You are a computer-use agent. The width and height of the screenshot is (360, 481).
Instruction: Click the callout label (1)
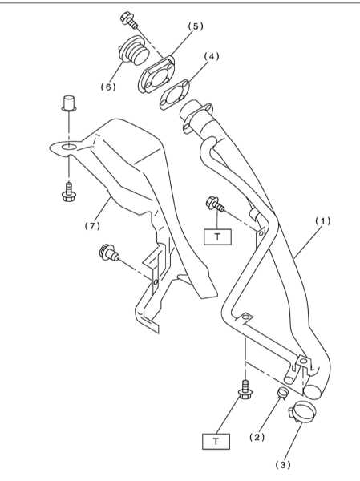click(x=323, y=221)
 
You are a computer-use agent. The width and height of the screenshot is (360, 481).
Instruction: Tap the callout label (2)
click(x=257, y=438)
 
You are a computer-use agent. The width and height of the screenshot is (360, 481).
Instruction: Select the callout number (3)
click(x=283, y=465)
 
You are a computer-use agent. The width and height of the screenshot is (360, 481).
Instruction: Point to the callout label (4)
click(x=212, y=56)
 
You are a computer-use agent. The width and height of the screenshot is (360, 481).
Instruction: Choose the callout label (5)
click(x=196, y=26)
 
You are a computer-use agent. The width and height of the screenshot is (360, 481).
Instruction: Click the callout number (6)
click(x=109, y=87)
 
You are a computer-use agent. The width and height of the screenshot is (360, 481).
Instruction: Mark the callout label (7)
click(x=92, y=226)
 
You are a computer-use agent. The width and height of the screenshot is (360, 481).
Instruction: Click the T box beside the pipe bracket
click(x=217, y=236)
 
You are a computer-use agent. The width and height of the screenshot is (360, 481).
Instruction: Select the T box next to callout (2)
click(x=216, y=441)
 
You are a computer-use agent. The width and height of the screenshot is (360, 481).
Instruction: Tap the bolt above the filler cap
click(x=128, y=20)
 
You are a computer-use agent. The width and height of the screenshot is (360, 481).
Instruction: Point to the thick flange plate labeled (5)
click(x=156, y=75)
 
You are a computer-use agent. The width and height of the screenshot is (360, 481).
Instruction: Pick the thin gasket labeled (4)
click(x=174, y=95)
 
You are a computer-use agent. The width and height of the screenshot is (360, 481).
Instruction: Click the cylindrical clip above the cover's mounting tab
click(x=69, y=103)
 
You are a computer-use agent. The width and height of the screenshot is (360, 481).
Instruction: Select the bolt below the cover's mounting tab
click(x=69, y=192)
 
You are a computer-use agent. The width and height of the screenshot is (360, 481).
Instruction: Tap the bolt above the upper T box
click(x=215, y=204)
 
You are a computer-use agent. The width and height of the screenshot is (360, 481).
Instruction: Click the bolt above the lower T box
click(x=245, y=390)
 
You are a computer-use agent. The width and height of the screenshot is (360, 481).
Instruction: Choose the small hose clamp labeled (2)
click(x=283, y=393)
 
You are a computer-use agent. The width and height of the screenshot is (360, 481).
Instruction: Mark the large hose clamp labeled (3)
click(x=302, y=411)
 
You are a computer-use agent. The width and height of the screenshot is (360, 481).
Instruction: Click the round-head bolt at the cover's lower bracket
click(x=109, y=253)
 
